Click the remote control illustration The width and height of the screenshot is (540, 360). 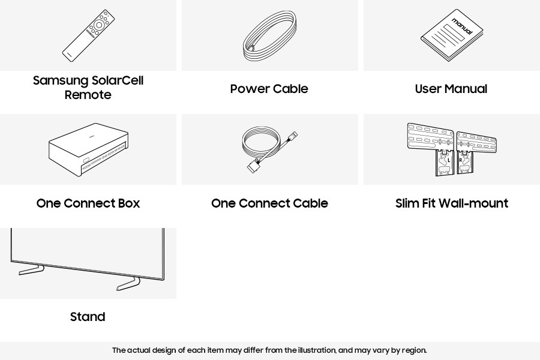click(88, 36)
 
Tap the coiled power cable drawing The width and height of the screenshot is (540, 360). click(269, 36)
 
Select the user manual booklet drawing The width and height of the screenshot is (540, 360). click(452, 35)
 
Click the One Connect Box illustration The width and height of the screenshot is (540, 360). click(89, 149)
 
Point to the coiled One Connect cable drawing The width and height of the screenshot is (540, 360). click(269, 149)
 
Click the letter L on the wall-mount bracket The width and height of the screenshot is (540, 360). click(449, 160)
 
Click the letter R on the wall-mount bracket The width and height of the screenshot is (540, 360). click(460, 160)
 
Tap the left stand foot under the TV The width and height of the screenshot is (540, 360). click(31, 270)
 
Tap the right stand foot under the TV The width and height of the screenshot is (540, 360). click(128, 284)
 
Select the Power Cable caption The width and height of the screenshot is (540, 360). click(269, 89)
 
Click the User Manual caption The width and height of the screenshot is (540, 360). click(451, 89)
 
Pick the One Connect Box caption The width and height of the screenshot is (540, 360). click(88, 203)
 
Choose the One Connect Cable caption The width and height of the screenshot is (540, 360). click(269, 203)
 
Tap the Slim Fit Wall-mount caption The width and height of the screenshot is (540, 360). click(452, 203)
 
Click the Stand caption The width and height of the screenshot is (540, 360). click(88, 317)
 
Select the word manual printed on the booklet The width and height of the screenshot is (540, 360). click(462, 26)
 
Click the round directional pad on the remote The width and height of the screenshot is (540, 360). click(99, 25)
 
